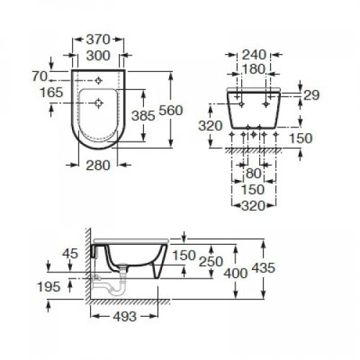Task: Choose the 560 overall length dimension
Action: pyautogui.click(x=186, y=112)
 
